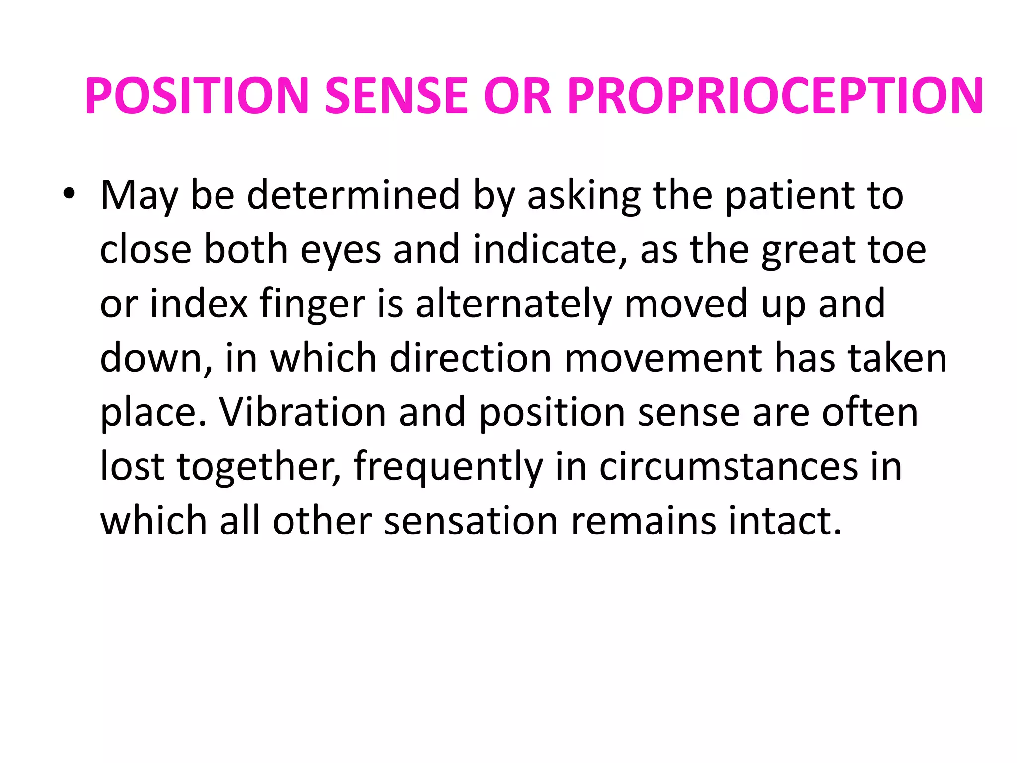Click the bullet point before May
click(x=69, y=193)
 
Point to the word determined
click(x=354, y=195)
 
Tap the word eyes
click(x=341, y=250)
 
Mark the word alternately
click(x=514, y=304)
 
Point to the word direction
click(x=470, y=358)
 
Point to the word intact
click(x=785, y=521)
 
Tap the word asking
click(x=584, y=195)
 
